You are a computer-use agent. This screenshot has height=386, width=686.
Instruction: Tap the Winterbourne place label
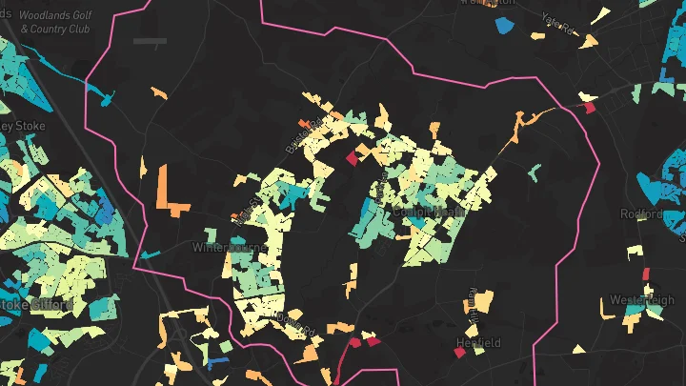click(x=221, y=248)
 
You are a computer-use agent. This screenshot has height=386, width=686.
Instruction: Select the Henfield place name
click(x=477, y=342)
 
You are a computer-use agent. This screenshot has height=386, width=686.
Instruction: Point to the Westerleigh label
click(x=641, y=299)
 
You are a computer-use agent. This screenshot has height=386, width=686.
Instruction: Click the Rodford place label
click(x=640, y=213)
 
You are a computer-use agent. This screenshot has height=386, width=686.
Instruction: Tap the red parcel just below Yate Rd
click(x=590, y=108)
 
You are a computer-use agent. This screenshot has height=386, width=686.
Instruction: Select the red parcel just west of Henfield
click(x=459, y=353)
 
